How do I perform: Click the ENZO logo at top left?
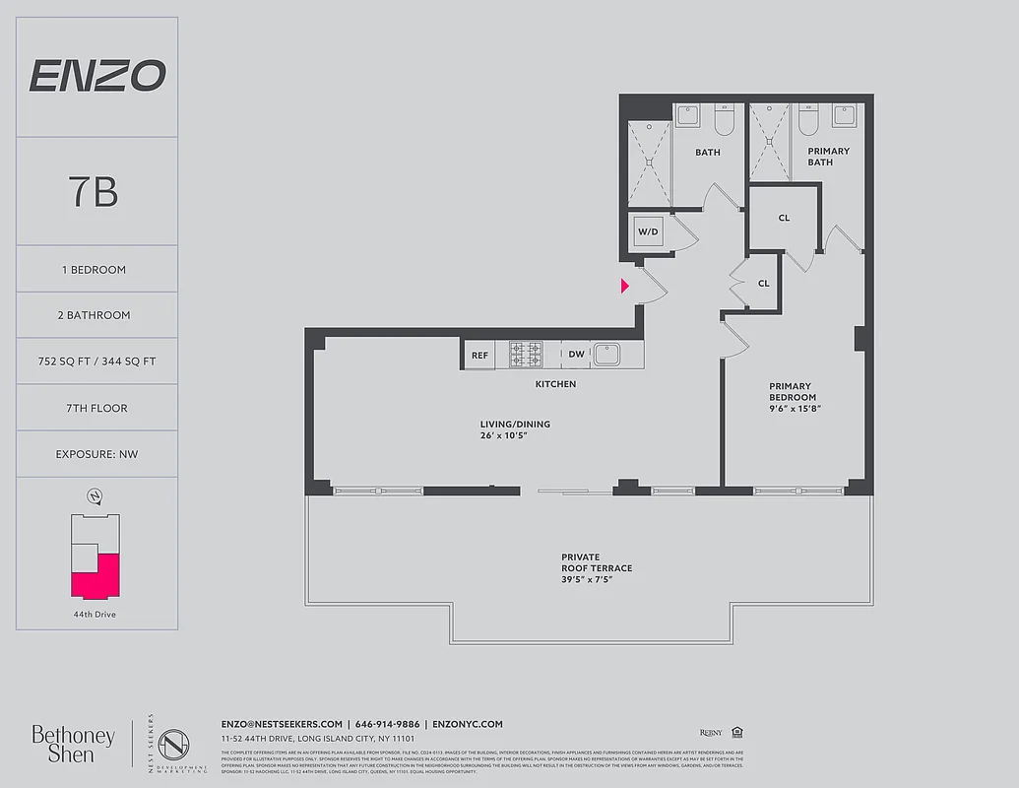click(96, 76)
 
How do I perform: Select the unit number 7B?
click(95, 192)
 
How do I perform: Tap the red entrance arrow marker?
click(625, 287)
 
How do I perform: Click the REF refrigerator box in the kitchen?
click(479, 356)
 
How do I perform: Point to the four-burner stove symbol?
click(526, 355)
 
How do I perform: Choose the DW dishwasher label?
click(576, 356)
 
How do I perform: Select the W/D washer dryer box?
click(648, 232)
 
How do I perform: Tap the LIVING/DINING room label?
click(515, 429)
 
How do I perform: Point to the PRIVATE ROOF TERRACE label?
click(597, 568)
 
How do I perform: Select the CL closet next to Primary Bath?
click(784, 219)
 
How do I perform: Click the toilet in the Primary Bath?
click(809, 120)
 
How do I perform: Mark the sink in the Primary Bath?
click(844, 116)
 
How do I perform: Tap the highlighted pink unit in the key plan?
click(96, 576)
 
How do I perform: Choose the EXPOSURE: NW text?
click(96, 454)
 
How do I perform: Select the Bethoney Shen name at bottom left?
click(73, 744)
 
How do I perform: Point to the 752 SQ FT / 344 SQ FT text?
click(96, 361)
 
